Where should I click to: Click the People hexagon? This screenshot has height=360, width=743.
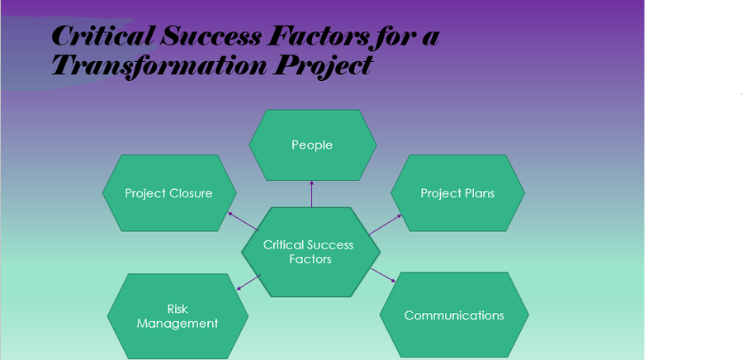click(x=313, y=145)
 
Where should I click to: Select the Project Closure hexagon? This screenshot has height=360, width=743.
click(x=169, y=192)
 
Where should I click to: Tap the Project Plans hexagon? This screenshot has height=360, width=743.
click(x=457, y=192)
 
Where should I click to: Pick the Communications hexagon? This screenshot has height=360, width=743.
click(x=454, y=315)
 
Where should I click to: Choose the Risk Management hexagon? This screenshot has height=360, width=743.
click(x=177, y=316)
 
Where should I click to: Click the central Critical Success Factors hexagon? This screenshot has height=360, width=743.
click(x=311, y=252)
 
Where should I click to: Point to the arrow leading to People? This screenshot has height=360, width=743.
click(x=311, y=194)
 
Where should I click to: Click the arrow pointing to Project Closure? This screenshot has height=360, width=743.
click(x=243, y=221)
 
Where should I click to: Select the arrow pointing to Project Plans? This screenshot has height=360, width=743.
click(x=386, y=224)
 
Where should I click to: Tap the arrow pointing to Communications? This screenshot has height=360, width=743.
click(x=383, y=275)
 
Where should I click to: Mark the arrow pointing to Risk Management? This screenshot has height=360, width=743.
click(x=248, y=282)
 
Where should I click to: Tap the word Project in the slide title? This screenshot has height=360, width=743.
click(x=322, y=66)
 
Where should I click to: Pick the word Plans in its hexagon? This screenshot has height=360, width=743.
click(x=479, y=192)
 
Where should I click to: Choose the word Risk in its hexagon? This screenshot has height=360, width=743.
click(x=177, y=309)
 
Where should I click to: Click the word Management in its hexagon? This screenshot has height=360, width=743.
click(x=177, y=324)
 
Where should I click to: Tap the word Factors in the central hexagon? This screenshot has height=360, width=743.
click(x=310, y=259)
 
